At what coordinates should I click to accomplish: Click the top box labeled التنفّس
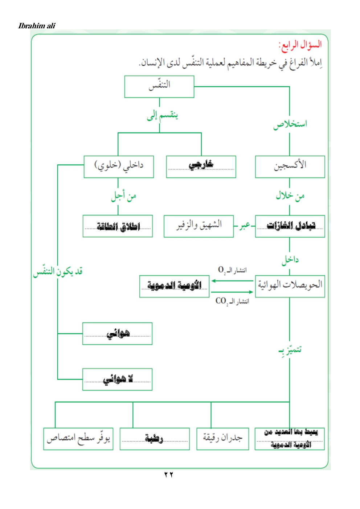[159, 86]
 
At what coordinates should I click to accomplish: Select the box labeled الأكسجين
[290, 167]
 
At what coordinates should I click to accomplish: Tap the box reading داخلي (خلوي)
[119, 167]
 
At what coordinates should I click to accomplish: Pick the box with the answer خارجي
[201, 167]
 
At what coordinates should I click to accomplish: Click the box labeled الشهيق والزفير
[199, 226]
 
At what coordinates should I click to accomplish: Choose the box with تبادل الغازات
[290, 226]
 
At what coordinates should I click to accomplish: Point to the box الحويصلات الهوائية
[290, 286]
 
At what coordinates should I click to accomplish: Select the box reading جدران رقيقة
[222, 439]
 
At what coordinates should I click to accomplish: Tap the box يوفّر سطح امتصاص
[78, 439]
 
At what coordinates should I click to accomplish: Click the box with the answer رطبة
[155, 439]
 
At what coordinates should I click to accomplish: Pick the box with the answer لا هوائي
[117, 379]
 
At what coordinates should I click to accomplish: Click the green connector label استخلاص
[290, 124]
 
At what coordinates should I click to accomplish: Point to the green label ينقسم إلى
[162, 116]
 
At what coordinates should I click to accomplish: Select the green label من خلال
[290, 196]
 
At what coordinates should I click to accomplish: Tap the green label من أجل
[123, 196]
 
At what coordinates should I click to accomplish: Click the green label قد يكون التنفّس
[58, 271]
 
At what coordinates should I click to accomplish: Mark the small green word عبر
[245, 226]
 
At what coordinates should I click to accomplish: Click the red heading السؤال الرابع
[300, 45]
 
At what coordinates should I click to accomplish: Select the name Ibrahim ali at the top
[37, 26]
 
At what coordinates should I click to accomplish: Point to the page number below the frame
[168, 475]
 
